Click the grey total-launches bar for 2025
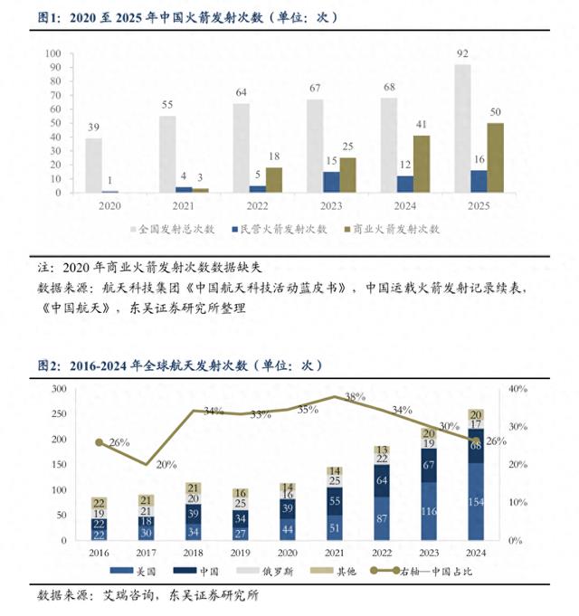[462, 128]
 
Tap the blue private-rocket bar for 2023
[331, 182]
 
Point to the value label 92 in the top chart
[462, 54]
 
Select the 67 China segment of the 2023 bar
[428, 465]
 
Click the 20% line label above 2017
[166, 465]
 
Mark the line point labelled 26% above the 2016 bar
[99, 441]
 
